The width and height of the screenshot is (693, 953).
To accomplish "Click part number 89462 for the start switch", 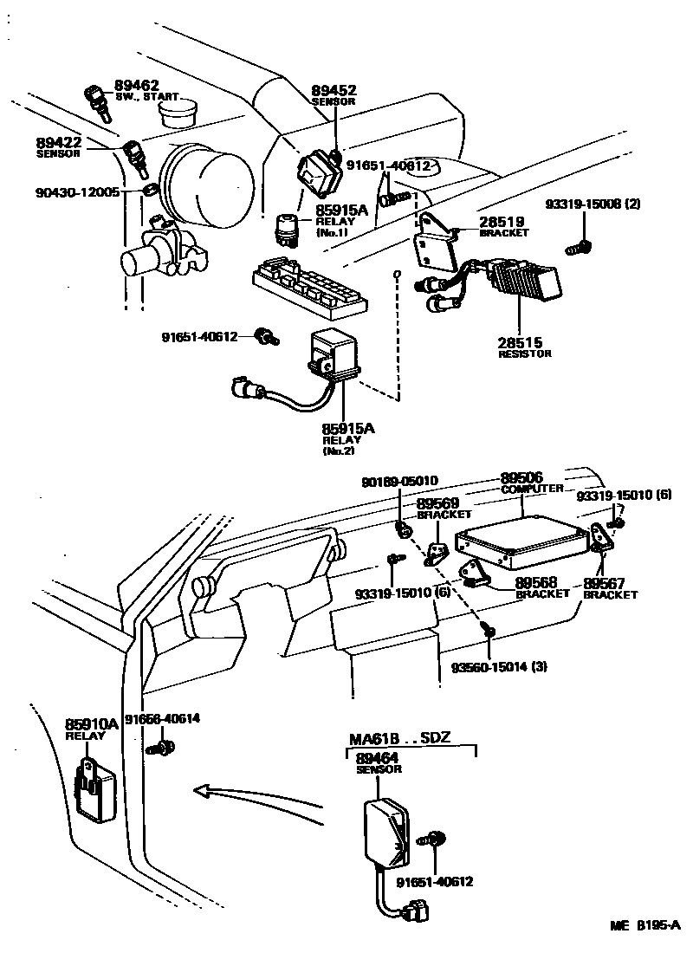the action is coord(137,85).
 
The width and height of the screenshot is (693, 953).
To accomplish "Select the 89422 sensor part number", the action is coord(58,142).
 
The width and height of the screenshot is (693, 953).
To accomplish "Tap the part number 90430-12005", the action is coord(77,192).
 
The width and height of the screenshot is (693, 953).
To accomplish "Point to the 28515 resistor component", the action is coord(526,279).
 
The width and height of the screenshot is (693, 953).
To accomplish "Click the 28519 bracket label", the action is coord(502,222).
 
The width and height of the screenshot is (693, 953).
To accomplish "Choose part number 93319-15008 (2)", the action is coord(593,204).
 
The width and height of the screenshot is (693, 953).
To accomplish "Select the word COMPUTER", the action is coord(532,489).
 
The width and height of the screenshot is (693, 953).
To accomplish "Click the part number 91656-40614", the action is coord(162,719).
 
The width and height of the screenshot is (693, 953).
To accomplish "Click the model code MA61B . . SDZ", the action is coord(400,738).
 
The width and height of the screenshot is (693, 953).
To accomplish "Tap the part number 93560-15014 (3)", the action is coord(499,667).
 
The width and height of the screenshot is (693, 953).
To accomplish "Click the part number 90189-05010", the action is coord(399,482).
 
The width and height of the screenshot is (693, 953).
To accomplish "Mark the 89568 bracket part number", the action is coord(536,583).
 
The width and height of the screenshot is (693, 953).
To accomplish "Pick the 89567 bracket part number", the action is coord(605,583).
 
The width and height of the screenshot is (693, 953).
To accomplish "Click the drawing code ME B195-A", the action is coord(645,925).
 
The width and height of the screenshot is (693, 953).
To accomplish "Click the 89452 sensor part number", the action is coord(334,91).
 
